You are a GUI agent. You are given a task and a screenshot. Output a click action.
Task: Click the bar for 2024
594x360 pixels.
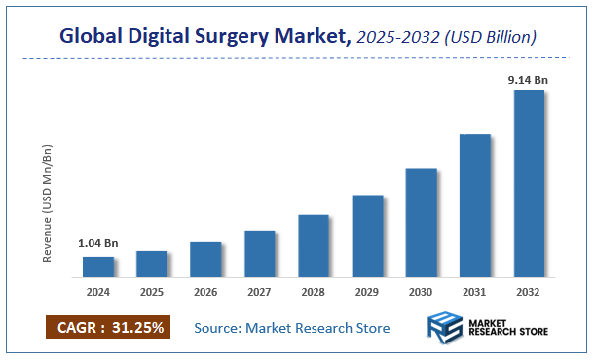coord(97,267)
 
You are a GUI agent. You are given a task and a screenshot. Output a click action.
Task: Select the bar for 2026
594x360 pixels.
coord(205,259)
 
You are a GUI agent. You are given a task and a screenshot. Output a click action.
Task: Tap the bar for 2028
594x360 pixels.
coord(314,245)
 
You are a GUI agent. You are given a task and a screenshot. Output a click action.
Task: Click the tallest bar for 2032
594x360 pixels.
coord(529,183)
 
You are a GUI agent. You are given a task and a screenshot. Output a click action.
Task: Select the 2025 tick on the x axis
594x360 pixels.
coord(152,290)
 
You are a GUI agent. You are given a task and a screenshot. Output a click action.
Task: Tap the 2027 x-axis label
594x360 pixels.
coord(259,290)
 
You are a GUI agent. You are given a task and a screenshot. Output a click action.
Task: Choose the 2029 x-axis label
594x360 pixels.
coord(367,290)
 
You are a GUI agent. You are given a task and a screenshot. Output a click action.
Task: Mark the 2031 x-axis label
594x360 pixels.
coord(474,290)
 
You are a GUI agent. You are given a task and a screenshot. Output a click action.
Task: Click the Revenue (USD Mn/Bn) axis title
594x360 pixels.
coord(48,203)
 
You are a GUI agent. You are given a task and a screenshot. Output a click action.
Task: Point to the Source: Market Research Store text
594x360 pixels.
coord(292,328)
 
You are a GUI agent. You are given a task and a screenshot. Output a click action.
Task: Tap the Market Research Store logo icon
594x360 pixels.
coord(446,328)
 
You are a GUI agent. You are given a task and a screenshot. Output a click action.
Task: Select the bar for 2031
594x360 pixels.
coord(474,205)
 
